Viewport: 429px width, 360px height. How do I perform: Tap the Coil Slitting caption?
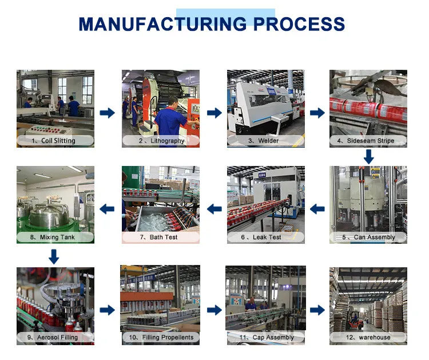coord(55,141)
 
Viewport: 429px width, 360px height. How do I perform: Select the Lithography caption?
coord(161,141)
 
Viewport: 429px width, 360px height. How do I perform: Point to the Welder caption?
coord(266,141)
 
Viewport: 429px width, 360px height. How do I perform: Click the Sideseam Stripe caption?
coord(368,141)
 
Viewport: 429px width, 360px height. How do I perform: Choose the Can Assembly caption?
coord(368,237)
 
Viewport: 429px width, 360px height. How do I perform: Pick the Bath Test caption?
coord(161,237)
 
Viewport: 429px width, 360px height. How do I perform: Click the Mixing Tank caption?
coord(55,237)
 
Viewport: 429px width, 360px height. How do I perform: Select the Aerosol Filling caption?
coord(55,338)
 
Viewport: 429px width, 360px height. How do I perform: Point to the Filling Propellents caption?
coord(161,338)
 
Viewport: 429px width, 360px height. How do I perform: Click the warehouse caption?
coord(368,338)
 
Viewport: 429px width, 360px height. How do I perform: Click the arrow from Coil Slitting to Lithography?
coord(108,113)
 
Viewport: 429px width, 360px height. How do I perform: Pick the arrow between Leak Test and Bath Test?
coord(214,209)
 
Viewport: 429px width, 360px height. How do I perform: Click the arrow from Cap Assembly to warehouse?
coord(317,310)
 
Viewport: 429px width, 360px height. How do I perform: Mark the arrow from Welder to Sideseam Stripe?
coord(317,113)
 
